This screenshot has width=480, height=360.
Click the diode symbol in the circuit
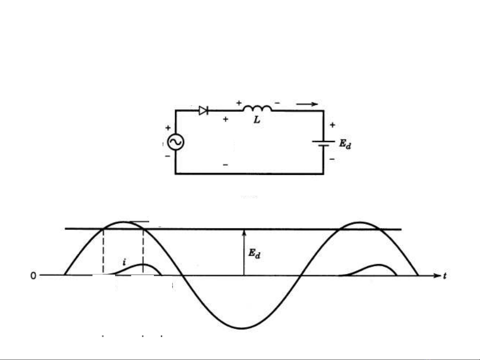coord(204,111)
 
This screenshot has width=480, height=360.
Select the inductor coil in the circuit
coord(257,108)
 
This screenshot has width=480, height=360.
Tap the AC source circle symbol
coord(176,142)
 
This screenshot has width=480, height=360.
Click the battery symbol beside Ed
coord(323,144)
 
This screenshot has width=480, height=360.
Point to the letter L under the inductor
coord(257,120)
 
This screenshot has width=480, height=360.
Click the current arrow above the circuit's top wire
coord(307,104)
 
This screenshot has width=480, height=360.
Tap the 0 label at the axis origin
coord(33,276)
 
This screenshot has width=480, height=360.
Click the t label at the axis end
coord(445,276)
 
